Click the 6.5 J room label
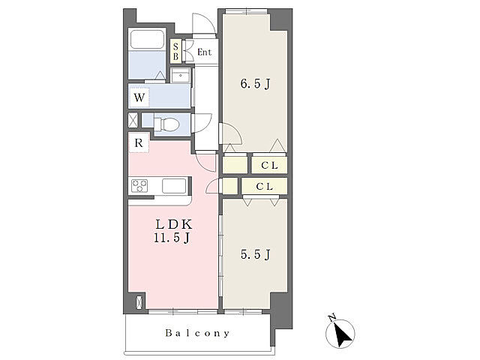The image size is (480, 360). [255, 83]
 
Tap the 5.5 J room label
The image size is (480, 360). [255, 254]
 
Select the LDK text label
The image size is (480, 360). [173, 225]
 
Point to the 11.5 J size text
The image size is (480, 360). [172, 238]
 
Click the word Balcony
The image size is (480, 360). [197, 333]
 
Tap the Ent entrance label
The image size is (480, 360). [205, 52]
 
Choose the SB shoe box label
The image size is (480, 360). [175, 52]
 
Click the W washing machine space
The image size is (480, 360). [139, 98]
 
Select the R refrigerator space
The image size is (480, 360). [139, 142]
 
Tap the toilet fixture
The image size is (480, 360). [166, 124]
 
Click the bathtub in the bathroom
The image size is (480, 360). [147, 39]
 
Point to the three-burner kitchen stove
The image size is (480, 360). [139, 186]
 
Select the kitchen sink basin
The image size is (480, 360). [174, 186]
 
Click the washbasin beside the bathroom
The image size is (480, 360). [181, 75]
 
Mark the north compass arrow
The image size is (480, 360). [342, 335]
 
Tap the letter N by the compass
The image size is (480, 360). [331, 318]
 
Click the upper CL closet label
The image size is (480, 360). [269, 166]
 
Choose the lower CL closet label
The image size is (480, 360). [264, 187]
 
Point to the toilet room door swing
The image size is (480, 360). [201, 123]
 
